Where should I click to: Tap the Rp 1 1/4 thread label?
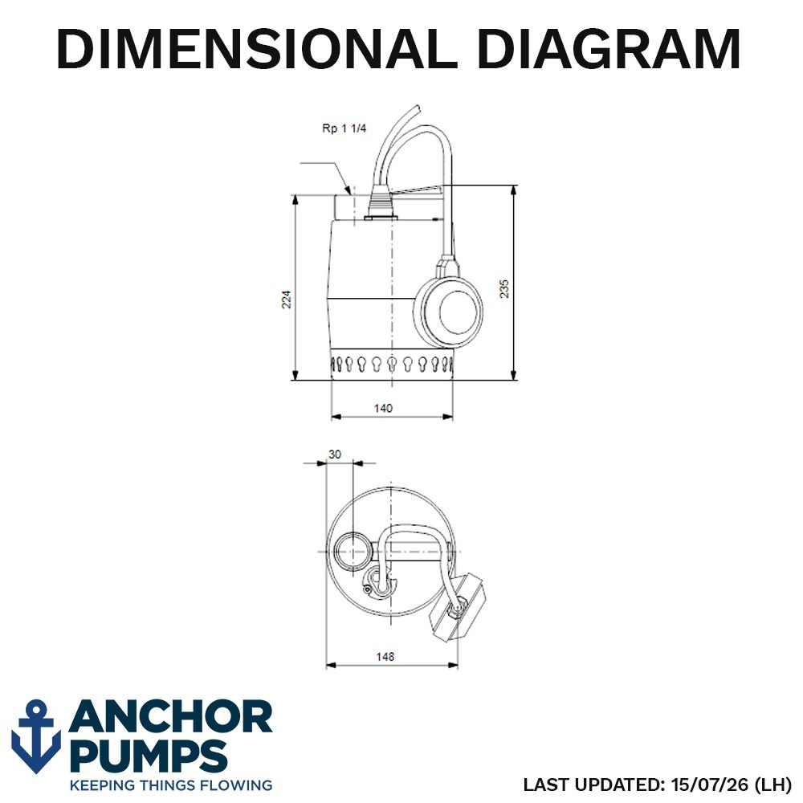344,128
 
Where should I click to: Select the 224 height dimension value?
287,299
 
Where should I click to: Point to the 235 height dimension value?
504,288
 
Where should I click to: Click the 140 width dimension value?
383,408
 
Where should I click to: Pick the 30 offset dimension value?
334,454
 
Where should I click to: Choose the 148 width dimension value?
385,656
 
